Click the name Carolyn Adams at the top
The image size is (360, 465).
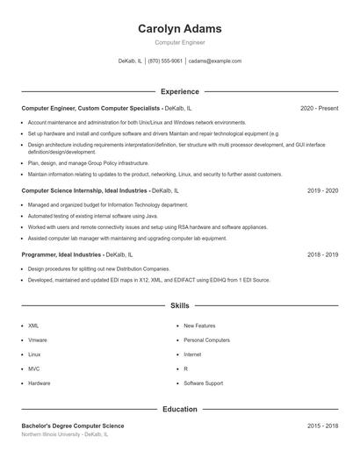click(x=179, y=28)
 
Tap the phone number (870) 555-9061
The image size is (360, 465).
click(x=165, y=61)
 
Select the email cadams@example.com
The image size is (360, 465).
click(x=214, y=61)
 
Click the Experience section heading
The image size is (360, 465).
click(x=179, y=91)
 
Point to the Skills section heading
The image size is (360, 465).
click(x=179, y=306)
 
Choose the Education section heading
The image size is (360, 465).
click(x=179, y=409)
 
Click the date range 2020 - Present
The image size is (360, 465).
click(x=319, y=108)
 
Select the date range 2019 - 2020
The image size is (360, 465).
click(x=322, y=190)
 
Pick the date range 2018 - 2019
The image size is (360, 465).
click(x=322, y=254)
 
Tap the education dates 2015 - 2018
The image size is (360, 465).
click(x=322, y=426)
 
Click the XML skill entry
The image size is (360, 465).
click(x=33, y=325)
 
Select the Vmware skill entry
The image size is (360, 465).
click(x=37, y=340)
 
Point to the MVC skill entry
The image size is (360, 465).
click(x=33, y=368)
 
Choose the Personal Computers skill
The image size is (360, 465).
click(x=206, y=340)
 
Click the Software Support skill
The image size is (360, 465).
click(x=203, y=383)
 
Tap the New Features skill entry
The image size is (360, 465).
click(x=199, y=325)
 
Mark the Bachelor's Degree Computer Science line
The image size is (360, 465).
click(x=73, y=426)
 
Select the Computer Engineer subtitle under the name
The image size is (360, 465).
click(x=179, y=41)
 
